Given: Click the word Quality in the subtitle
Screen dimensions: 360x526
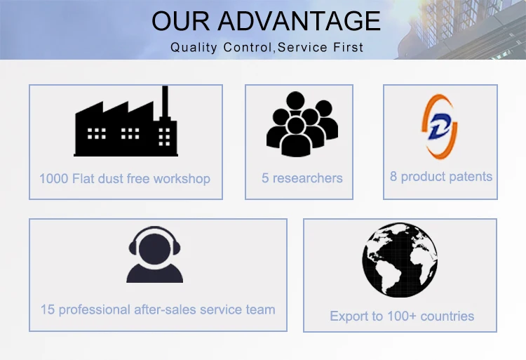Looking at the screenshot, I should pyautogui.click(x=194, y=48).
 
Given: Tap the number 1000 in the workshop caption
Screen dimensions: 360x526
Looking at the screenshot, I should pyautogui.click(x=53, y=178).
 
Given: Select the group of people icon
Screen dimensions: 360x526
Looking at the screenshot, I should pyautogui.click(x=302, y=126).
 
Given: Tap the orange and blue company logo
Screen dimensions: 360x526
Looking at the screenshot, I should pyautogui.click(x=440, y=126).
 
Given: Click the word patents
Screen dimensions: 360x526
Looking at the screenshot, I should pyautogui.click(x=471, y=176).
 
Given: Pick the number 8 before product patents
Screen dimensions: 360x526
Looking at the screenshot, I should pyautogui.click(x=393, y=176).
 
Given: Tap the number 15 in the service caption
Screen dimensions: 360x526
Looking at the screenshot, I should pyautogui.click(x=47, y=309).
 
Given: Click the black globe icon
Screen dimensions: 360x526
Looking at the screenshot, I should pyautogui.click(x=400, y=260).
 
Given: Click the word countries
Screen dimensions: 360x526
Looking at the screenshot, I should pyautogui.click(x=447, y=316).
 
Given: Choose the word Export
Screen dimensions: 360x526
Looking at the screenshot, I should pyautogui.click(x=347, y=316).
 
